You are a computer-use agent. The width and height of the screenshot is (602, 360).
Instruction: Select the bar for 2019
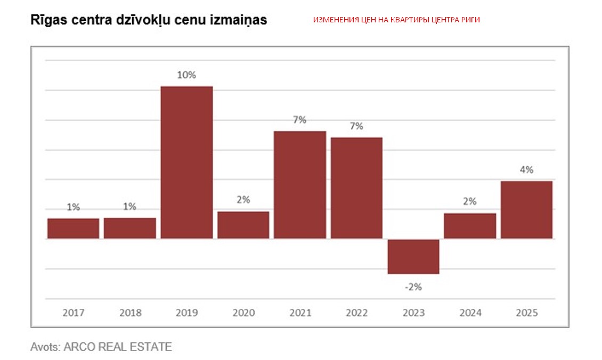click(x=186, y=162)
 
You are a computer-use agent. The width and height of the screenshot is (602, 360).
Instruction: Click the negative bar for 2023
click(x=413, y=256)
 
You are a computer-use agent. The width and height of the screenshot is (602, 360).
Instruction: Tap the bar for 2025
click(x=526, y=209)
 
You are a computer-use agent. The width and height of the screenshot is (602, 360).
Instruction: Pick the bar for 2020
click(x=243, y=225)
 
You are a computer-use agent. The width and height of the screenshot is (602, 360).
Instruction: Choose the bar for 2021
click(x=299, y=184)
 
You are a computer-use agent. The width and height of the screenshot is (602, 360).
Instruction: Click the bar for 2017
click(x=73, y=228)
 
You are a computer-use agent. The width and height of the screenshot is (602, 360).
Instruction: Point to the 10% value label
click(x=186, y=75)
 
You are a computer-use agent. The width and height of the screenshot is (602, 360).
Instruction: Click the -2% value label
click(x=413, y=287)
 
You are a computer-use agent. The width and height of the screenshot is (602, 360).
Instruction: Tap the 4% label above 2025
click(x=526, y=170)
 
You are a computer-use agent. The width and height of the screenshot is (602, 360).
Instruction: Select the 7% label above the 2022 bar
click(x=356, y=126)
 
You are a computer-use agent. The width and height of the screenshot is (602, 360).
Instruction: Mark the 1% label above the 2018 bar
click(x=129, y=207)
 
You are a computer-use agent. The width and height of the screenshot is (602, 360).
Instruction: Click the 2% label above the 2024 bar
click(x=469, y=202)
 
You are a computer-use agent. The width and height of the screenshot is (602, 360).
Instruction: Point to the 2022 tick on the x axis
click(x=356, y=313)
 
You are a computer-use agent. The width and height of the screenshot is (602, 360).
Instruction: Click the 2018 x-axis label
click(x=129, y=313)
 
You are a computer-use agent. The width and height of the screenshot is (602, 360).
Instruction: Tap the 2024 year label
click(x=469, y=313)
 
